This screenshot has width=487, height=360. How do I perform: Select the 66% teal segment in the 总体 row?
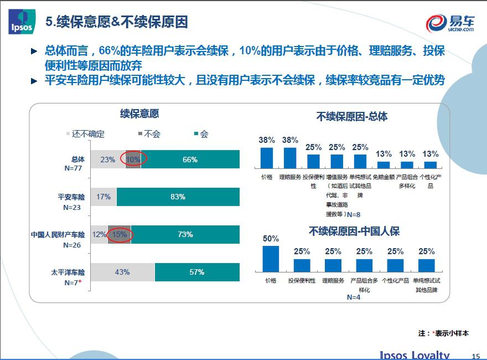click(x=190, y=160)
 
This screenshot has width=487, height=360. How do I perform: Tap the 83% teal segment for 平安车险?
click(x=178, y=197)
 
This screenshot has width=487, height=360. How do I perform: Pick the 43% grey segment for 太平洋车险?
click(x=122, y=272)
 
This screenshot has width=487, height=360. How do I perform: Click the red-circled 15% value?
click(x=120, y=234)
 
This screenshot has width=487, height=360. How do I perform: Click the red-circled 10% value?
click(x=133, y=160)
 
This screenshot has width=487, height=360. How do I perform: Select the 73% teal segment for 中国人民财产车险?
click(x=185, y=234)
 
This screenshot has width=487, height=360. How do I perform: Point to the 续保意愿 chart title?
click(x=139, y=114)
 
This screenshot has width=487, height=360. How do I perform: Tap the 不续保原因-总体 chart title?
click(x=352, y=116)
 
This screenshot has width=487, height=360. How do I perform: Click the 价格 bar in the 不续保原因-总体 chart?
click(x=267, y=157)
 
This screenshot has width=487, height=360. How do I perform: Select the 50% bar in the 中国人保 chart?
click(x=271, y=259)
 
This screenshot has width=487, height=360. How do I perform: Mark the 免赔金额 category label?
click(x=384, y=177)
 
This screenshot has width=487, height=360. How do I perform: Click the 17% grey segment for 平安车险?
click(x=103, y=197)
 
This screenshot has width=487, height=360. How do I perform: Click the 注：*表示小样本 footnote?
click(x=443, y=333)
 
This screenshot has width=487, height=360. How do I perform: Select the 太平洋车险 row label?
click(x=68, y=272)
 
